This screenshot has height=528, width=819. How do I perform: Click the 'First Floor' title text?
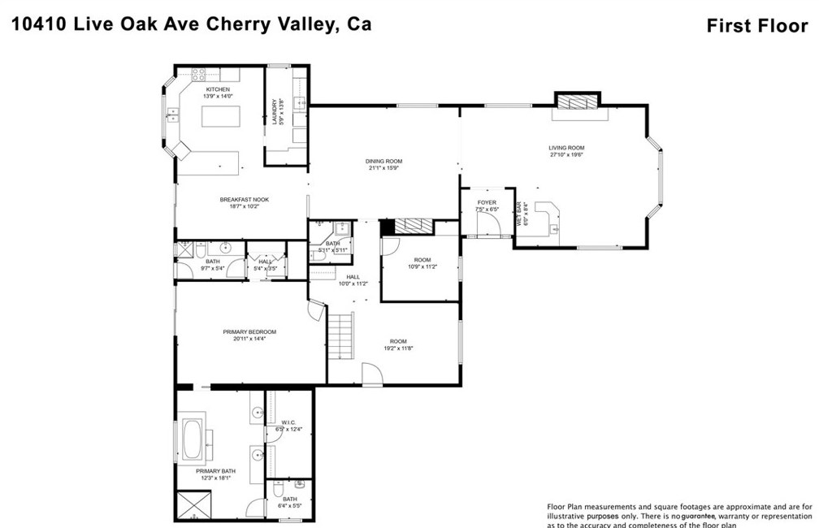pyautogui.click(x=756, y=25)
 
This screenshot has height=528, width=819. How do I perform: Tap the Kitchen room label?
pyautogui.click(x=218, y=89)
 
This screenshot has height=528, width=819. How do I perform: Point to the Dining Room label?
pyautogui.click(x=383, y=162)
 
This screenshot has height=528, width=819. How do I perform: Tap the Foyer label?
pyautogui.click(x=486, y=202)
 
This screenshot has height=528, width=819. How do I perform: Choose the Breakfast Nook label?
pyautogui.click(x=244, y=200)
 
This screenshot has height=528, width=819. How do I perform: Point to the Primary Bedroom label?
pyautogui.click(x=250, y=331)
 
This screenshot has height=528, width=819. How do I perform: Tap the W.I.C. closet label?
pyautogui.click(x=288, y=422)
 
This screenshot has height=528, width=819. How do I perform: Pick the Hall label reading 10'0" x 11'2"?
pyautogui.click(x=353, y=277)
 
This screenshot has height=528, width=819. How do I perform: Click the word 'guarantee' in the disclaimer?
pyautogui.click(x=703, y=516)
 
